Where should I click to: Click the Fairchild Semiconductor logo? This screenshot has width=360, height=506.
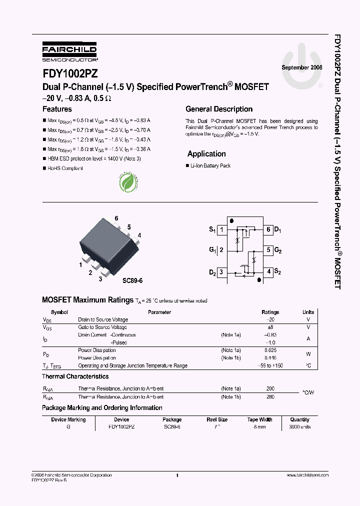pos(69,51)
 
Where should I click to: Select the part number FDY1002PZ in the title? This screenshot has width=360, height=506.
pos(69,73)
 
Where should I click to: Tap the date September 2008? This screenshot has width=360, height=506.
pos(302,67)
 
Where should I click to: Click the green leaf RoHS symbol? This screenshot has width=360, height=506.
pos(128,182)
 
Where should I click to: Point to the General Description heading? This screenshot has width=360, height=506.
pos(219,109)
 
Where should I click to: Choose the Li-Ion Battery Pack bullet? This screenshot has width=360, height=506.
pos(210,165)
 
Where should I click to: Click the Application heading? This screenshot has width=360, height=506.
pos(206,154)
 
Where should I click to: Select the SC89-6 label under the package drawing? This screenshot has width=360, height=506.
pos(132,280)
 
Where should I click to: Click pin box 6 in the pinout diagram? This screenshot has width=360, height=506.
pos(268,230)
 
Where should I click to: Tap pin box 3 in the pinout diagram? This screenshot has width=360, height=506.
pos(221,272)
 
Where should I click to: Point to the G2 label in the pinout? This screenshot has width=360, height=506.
pos(278,250)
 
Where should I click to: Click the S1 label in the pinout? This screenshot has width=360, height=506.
pos(212,230)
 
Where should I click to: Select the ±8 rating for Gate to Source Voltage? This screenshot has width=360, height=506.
pos(270,327)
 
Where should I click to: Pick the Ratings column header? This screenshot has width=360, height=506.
pos(270,312)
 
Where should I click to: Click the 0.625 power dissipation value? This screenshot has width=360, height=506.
pos(270,350)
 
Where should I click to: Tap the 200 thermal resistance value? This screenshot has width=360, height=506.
pos(270,388)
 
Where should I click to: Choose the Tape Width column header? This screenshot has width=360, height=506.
pos(259,419)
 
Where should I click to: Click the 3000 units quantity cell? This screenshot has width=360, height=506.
pos(299,427)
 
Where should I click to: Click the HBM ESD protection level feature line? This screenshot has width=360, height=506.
pos(94,158)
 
